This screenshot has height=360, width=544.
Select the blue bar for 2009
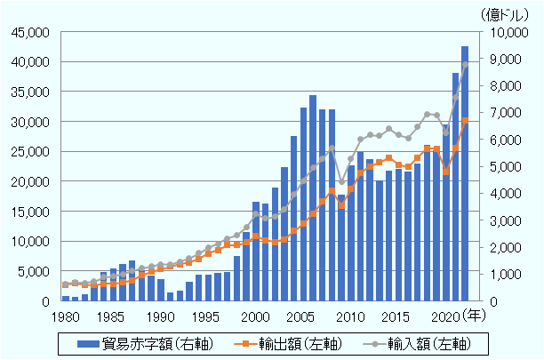[x=341, y=247]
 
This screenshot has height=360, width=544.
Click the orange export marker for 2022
[x=465, y=121]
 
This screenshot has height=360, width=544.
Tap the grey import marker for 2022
[x=465, y=65]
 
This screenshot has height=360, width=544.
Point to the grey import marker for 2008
[x=332, y=148]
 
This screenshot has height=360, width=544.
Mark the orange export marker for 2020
[x=445, y=172]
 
